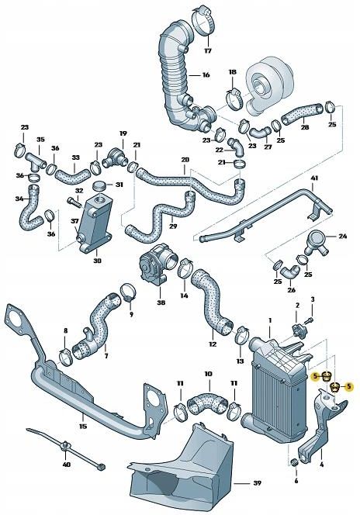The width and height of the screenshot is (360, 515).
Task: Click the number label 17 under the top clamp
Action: (207, 51)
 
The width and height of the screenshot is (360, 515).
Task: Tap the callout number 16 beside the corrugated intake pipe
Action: (206, 75)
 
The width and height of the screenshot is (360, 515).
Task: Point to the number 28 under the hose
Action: (304, 127)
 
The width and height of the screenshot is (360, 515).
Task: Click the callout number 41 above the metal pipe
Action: (314, 179)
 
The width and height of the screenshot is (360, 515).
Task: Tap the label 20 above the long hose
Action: (185, 161)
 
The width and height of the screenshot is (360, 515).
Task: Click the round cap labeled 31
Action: (99, 186)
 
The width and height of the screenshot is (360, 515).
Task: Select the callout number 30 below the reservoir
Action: (97, 261)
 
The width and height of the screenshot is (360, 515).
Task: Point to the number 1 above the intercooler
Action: (270, 320)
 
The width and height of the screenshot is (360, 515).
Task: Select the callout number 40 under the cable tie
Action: (66, 465)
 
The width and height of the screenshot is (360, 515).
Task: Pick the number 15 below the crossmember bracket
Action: (83, 425)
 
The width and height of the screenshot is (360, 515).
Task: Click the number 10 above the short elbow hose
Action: (208, 375)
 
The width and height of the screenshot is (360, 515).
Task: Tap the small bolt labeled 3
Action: (309, 319)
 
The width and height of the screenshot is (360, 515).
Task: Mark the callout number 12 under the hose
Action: (212, 342)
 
